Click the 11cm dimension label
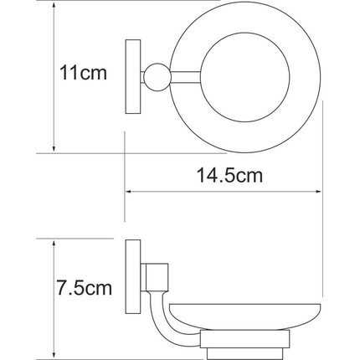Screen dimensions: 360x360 click(84, 75)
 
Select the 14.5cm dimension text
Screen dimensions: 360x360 click(225, 175)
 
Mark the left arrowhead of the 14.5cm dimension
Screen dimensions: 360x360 click(130, 192)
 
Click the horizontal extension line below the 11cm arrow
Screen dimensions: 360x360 click(84, 153)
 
